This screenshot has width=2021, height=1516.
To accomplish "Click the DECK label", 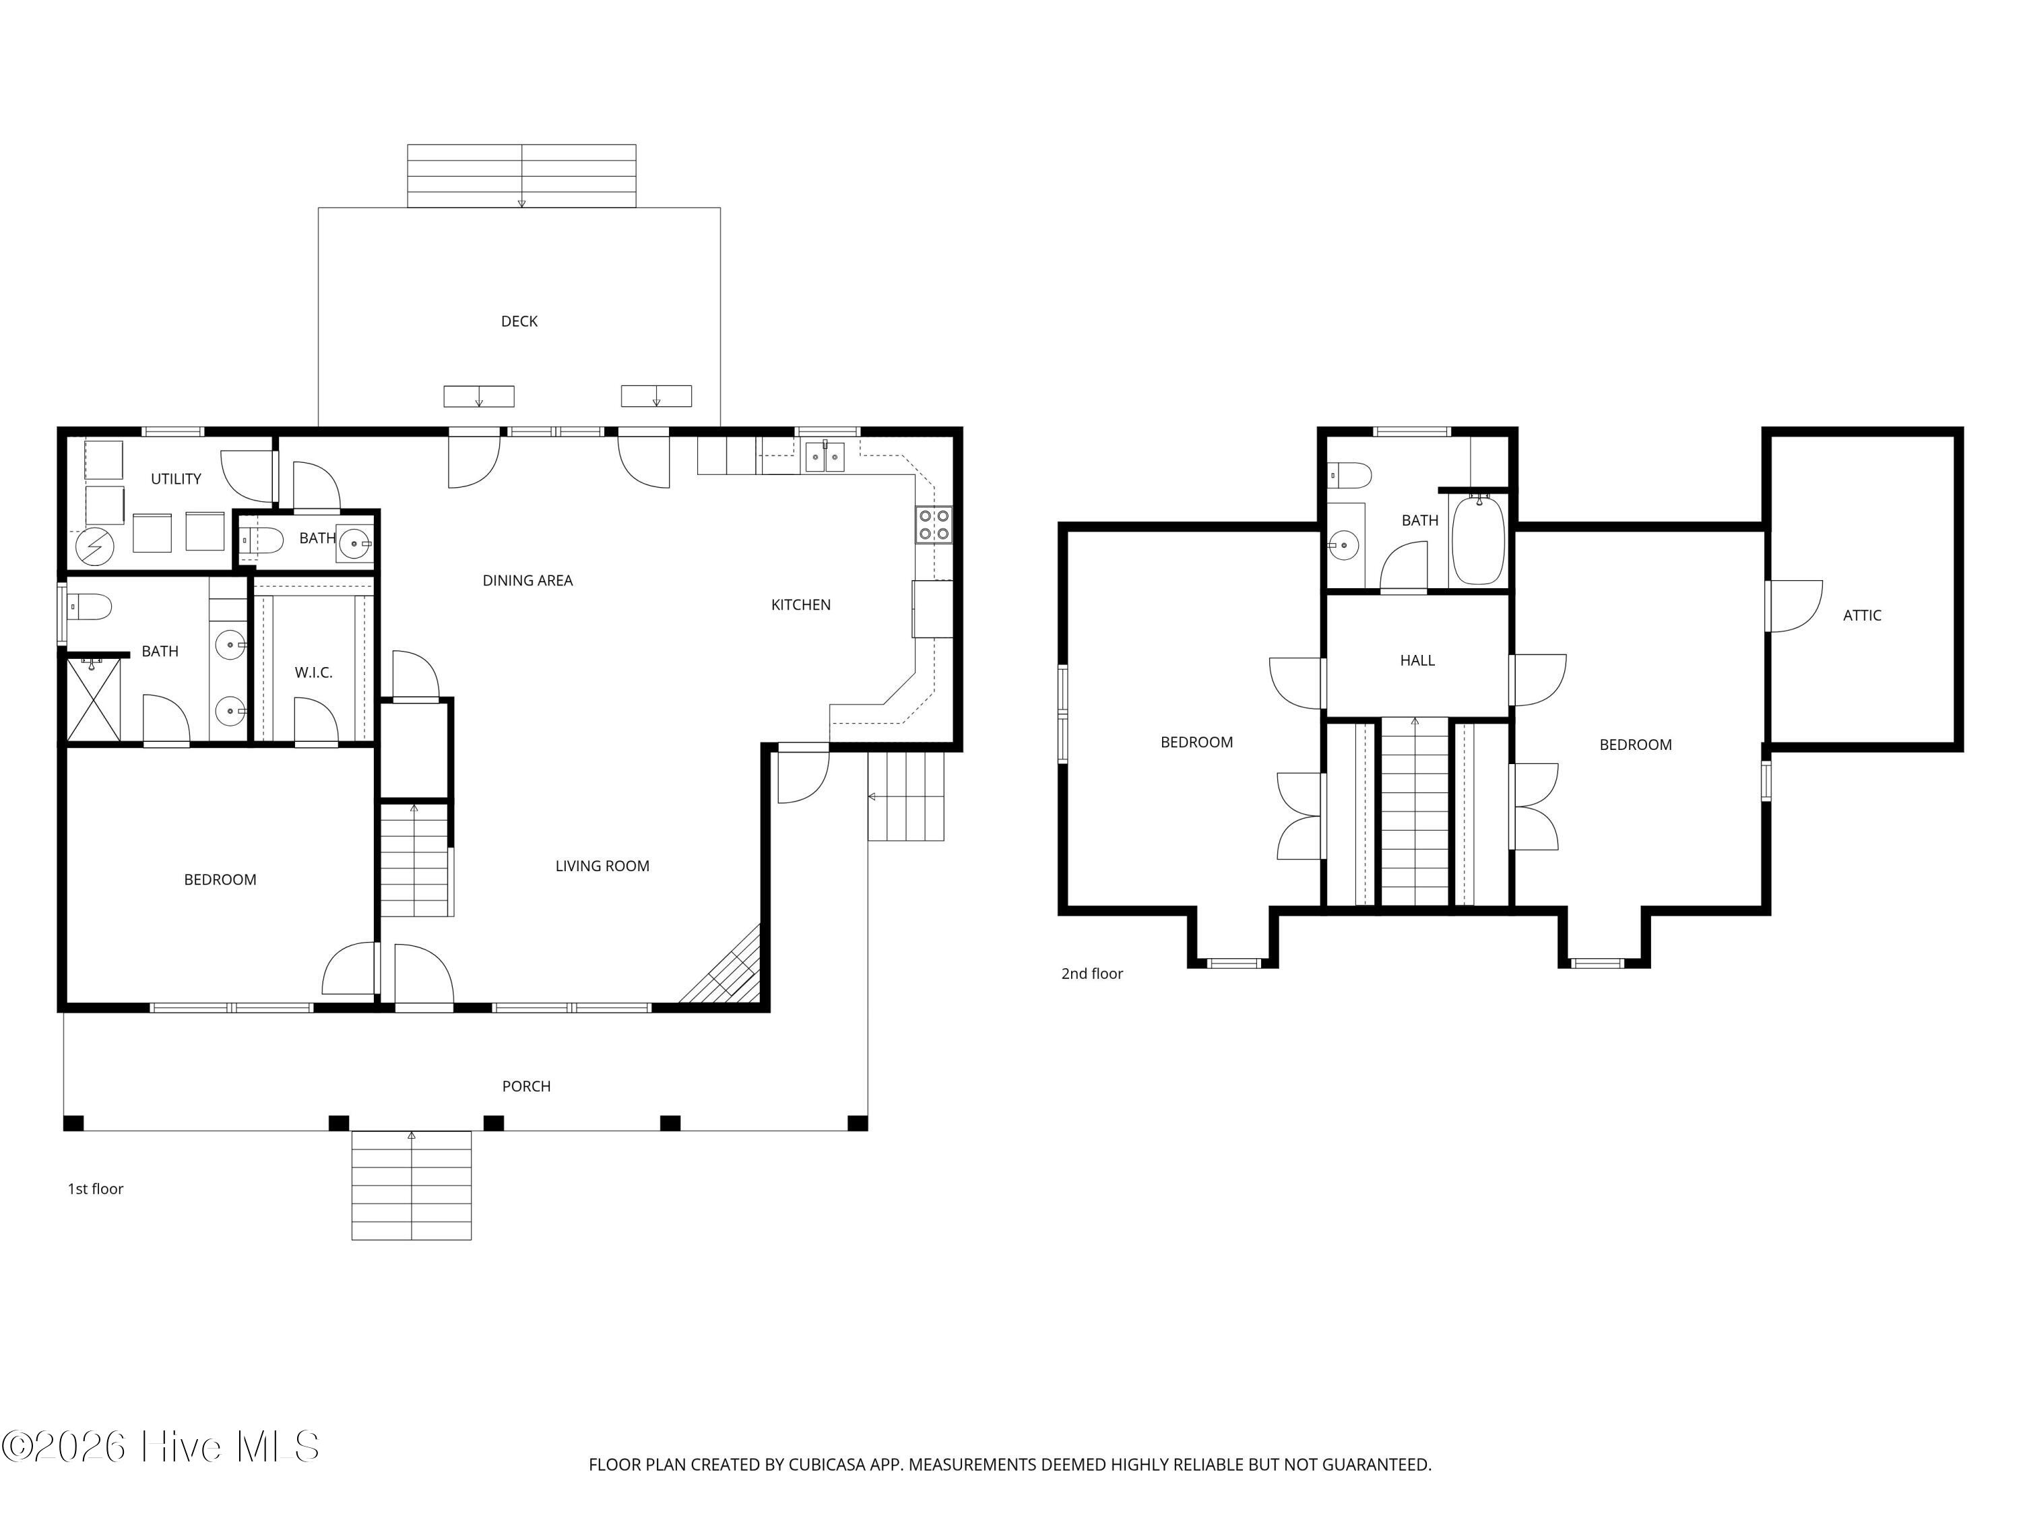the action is pos(519,321).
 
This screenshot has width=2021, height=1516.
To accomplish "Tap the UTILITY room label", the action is pos(177,479).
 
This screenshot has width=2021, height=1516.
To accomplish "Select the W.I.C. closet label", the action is pos(313,672).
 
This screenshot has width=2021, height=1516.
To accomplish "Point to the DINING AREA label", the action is pos(527,580).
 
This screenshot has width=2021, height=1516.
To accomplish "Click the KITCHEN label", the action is pos(800,605).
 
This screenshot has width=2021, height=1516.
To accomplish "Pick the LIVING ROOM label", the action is pos(602,866).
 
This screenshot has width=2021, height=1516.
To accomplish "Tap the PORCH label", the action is pos(526,1087).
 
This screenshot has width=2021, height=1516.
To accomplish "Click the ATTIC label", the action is pos(1862,616).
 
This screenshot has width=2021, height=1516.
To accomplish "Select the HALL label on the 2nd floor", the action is pos(1417,661).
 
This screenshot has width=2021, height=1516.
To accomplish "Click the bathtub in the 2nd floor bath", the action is pos(1478,540).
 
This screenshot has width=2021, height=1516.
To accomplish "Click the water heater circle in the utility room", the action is pos(95,547).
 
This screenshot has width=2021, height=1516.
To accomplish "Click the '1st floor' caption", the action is pos(95,1189).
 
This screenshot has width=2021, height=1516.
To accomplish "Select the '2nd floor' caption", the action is pos(1092,974).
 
